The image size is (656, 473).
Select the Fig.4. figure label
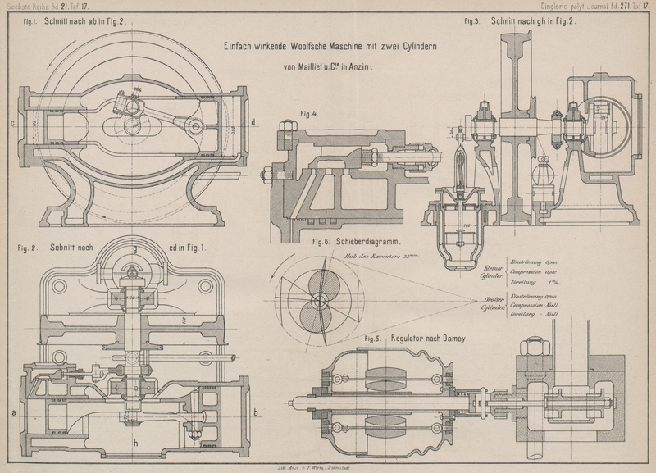[x=309, y=114]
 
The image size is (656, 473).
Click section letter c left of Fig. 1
[x=12, y=125]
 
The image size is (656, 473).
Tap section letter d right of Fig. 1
[x=253, y=125]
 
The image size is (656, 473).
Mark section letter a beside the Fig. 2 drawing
[x=14, y=412]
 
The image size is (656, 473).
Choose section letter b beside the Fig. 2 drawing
[x=257, y=412]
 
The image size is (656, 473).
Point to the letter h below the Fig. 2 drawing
[x=135, y=443]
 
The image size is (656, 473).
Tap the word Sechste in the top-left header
[x=18, y=7]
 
